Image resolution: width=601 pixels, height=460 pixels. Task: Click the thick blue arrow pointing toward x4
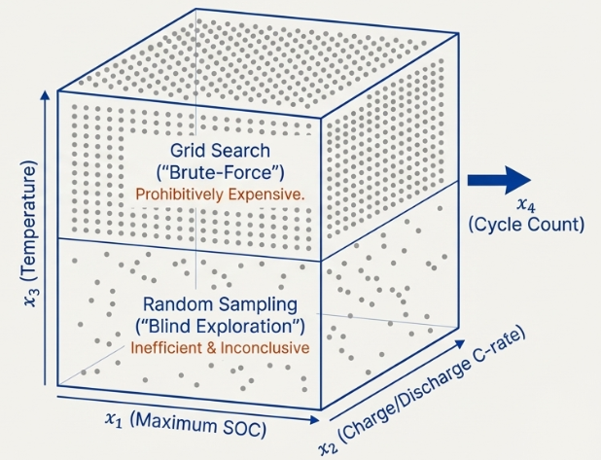499,180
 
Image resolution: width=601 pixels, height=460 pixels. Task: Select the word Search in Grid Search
238,151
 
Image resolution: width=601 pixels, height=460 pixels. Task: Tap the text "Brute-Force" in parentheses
221,173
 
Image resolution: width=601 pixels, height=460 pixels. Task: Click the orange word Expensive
265,195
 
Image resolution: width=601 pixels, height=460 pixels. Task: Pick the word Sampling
259,305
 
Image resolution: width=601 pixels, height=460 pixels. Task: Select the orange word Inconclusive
265,348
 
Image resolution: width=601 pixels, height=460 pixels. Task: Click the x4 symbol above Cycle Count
526,205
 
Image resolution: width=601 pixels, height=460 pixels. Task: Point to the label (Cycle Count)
526,225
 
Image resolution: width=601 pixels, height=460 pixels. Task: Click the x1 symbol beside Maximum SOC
114,420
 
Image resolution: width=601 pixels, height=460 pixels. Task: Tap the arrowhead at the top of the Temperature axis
46,95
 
